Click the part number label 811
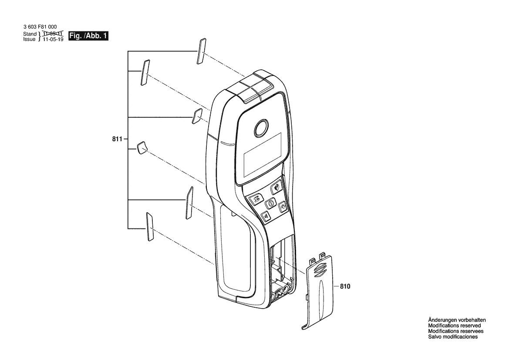(x=117, y=139)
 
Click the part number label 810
(x=345, y=287)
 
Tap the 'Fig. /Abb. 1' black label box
(x=88, y=36)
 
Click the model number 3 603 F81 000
(x=40, y=27)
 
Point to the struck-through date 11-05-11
(x=53, y=34)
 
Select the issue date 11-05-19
(x=53, y=39)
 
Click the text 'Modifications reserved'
(x=455, y=326)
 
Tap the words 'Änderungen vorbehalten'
(x=457, y=320)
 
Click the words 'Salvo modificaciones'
(x=453, y=337)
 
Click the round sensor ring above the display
(x=261, y=128)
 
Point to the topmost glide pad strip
(x=201, y=51)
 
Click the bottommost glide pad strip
(x=150, y=227)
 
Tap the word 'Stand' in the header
(x=30, y=34)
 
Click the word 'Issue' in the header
(x=29, y=39)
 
